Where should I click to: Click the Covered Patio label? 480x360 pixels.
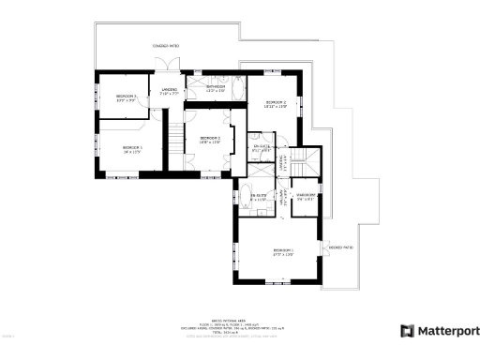[166, 45]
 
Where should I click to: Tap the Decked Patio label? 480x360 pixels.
[340, 247]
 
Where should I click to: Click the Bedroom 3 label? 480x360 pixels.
[127, 97]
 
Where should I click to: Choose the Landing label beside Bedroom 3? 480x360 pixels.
[169, 92]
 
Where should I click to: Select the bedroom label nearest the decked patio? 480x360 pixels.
[283, 251]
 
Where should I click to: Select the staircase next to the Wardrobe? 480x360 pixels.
[306, 159]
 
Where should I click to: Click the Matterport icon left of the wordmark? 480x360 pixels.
[407, 330]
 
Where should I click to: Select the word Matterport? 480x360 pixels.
[446, 331]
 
